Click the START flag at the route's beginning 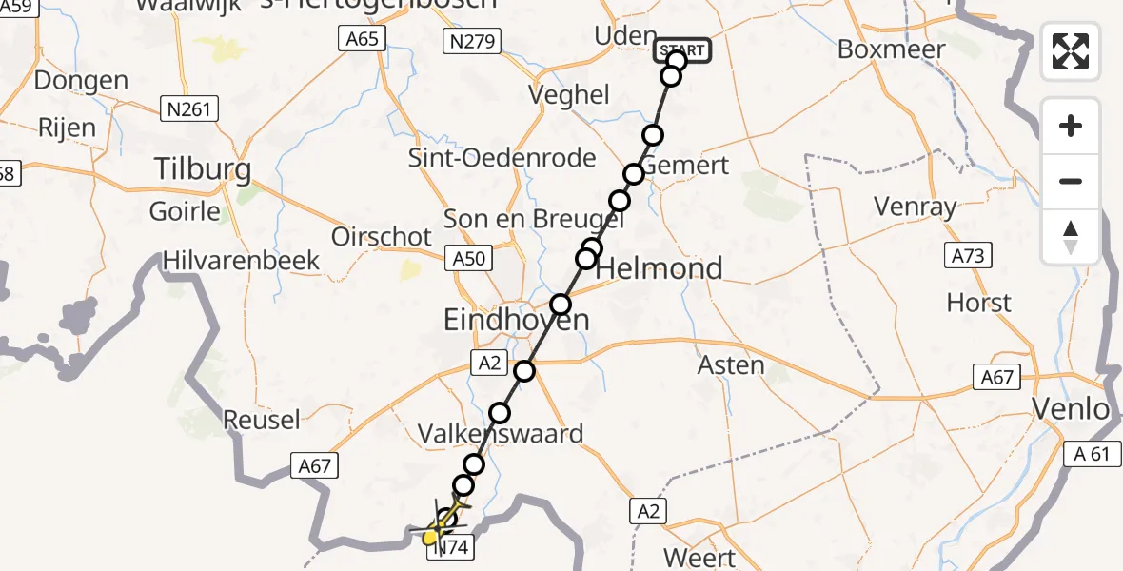click(x=681, y=50)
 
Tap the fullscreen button click(x=1071, y=50)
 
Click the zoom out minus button click(x=1071, y=182)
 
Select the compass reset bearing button click(x=1071, y=237)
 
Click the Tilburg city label click(x=204, y=170)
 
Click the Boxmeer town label click(x=891, y=49)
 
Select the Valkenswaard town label click(x=501, y=434)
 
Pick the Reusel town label click(x=261, y=419)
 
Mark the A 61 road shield click(x=1086, y=454)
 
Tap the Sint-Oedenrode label click(x=502, y=158)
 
